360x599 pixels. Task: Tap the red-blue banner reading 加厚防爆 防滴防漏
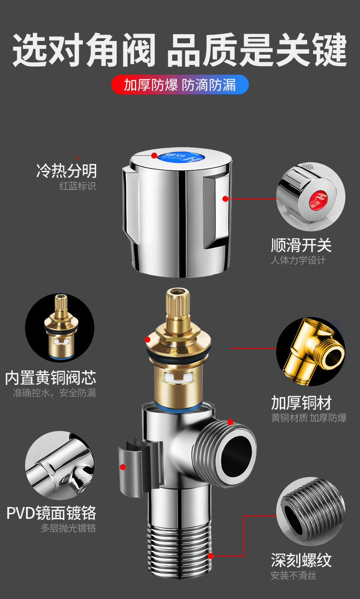pos(180,85)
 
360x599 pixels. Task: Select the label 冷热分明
pos(67,171)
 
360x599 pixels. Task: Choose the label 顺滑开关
pos(301,246)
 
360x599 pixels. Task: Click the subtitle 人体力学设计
pos(298,261)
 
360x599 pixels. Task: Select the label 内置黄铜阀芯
pos(51,378)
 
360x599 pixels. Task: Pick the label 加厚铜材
pos(301,403)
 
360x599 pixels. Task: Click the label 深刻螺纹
pos(301,560)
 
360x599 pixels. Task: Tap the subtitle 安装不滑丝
pos(293,576)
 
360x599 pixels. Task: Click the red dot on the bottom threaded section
pos(211,556)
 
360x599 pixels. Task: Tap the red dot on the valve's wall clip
pos(123,466)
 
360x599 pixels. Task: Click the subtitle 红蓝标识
pos(77,186)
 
